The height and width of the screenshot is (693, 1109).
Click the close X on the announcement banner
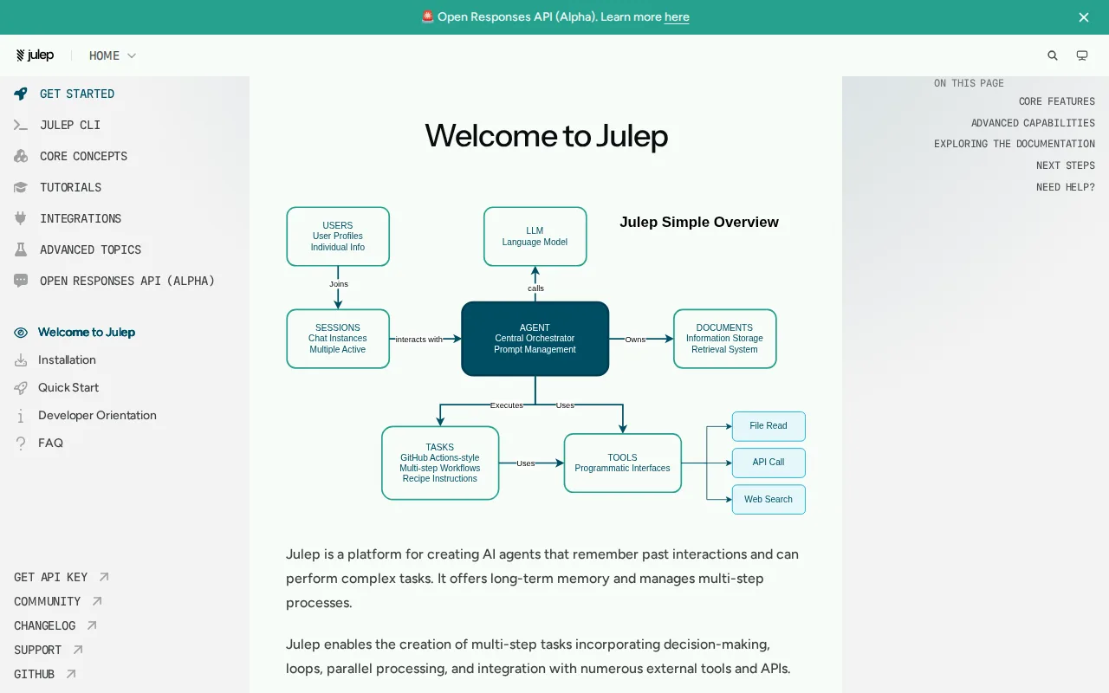point(1083,17)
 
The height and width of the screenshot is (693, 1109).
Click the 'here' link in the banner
point(677,16)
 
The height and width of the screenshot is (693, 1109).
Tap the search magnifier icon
point(1052,55)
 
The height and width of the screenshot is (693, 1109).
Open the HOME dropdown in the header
point(113,55)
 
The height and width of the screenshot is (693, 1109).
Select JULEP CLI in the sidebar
point(70,125)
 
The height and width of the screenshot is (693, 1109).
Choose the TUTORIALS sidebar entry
point(70,187)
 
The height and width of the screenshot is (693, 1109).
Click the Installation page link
point(67,359)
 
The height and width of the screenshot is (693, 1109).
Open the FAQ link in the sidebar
point(50,443)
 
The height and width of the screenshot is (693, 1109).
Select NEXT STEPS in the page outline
point(1066,165)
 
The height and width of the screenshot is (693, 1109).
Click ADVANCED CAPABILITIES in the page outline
point(1033,123)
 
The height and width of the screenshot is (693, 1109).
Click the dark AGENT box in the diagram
point(535,339)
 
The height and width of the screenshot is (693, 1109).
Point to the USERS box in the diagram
point(338,236)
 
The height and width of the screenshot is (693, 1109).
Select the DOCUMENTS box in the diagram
point(724,339)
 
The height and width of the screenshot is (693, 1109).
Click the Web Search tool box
point(769,500)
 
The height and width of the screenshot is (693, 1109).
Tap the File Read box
point(769,425)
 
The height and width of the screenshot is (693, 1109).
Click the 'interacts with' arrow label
point(418,339)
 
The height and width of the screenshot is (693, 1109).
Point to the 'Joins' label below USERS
point(339,283)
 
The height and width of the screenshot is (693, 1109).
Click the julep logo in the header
point(35,55)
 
